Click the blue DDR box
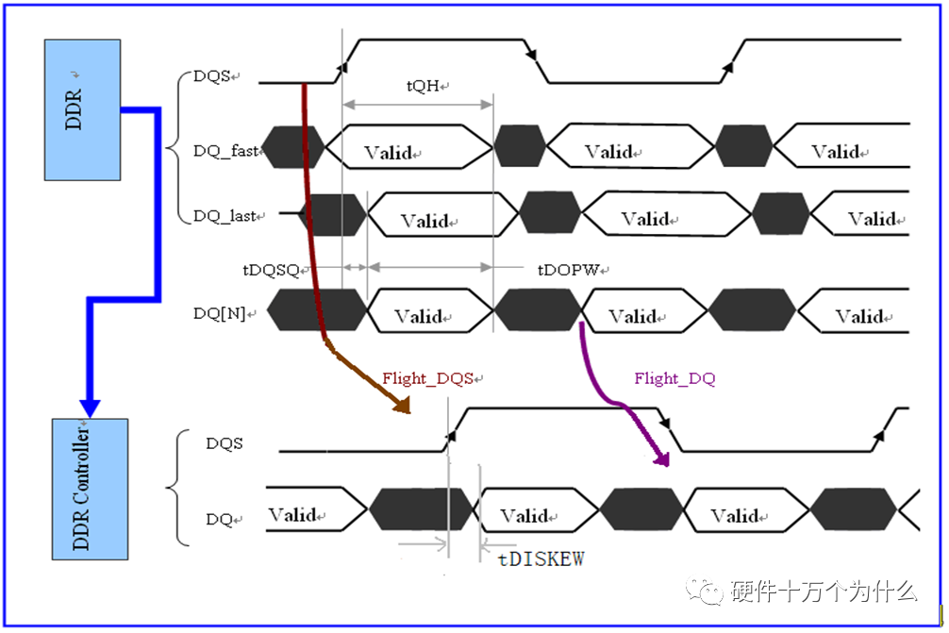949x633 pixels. [82, 109]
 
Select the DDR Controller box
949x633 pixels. [88, 489]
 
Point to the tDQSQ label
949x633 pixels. [272, 269]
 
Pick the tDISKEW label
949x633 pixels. [541, 558]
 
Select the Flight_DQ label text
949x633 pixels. [674, 378]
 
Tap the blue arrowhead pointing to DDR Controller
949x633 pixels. [90, 407]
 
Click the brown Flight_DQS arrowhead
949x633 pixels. [403, 406]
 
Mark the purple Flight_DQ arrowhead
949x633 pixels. [663, 459]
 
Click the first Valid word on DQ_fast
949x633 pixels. [388, 153]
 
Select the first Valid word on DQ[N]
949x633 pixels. [418, 316]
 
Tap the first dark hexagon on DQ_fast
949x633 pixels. [292, 147]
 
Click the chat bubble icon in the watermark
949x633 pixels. [709, 592]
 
